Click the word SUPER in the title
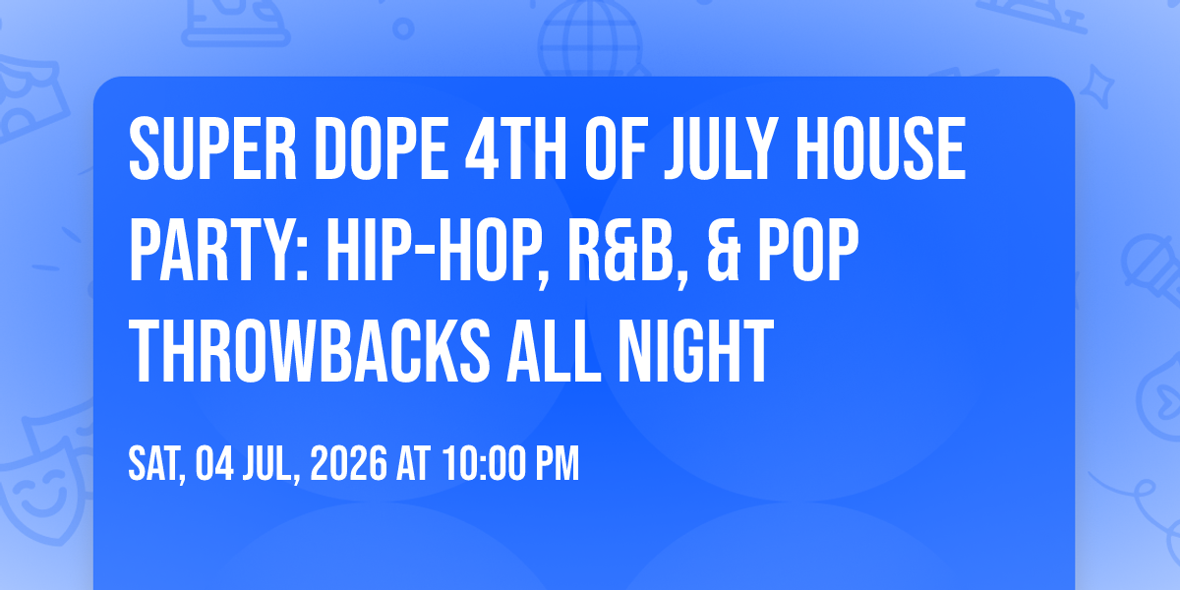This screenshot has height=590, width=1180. (x=212, y=149)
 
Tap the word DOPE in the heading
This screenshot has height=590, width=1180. (x=381, y=149)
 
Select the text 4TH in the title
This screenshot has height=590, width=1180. (x=515, y=149)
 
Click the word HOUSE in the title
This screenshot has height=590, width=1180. (x=880, y=149)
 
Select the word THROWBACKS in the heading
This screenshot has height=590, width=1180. (x=309, y=351)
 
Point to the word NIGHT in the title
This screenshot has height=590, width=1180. (x=695, y=351)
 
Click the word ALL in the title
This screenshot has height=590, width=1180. (x=554, y=351)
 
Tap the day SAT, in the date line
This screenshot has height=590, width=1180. (x=157, y=464)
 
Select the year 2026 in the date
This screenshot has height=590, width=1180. (x=348, y=463)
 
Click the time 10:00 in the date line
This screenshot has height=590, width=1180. (x=484, y=463)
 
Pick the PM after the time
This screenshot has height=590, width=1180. (x=558, y=463)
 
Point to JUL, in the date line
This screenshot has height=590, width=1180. (x=271, y=464)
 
